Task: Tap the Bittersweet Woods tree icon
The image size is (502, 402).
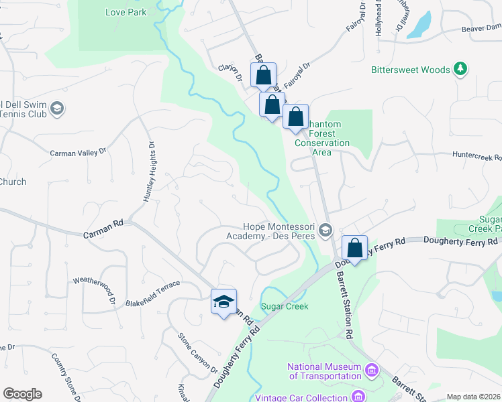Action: [x=460, y=69]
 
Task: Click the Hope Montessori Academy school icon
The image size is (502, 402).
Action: [x=325, y=231]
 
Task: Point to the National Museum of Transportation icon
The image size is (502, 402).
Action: [x=371, y=370]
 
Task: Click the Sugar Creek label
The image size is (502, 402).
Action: [x=285, y=306]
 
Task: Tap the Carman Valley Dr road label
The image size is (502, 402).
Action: [x=79, y=153]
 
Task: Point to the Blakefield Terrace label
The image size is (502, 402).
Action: [x=152, y=294]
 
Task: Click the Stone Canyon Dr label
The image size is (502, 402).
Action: [x=198, y=352]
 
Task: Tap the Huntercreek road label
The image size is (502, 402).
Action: [x=477, y=157]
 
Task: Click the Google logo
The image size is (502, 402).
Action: [x=22, y=394]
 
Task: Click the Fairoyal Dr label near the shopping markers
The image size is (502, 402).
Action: [x=297, y=76]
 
